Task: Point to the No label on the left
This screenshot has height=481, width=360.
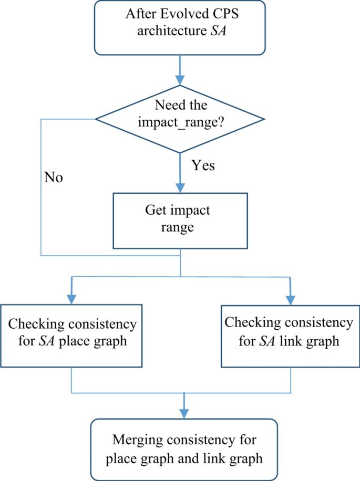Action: point(53,177)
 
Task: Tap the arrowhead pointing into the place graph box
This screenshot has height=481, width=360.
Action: point(71,298)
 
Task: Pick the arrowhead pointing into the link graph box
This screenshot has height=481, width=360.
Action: point(289,298)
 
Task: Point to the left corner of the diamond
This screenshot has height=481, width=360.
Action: point(96,119)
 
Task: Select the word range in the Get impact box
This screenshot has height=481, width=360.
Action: point(180,228)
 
